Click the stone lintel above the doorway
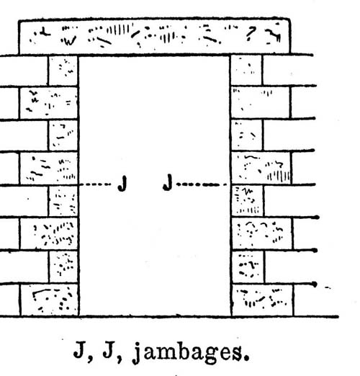pyautogui.click(x=154, y=37)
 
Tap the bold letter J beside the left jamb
pyautogui.click(x=122, y=183)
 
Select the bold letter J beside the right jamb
pyautogui.click(x=168, y=182)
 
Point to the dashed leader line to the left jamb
pyautogui.click(x=95, y=184)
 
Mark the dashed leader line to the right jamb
pyautogui.click(x=202, y=184)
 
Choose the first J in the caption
pyautogui.click(x=80, y=349)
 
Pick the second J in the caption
pyautogui.click(x=110, y=349)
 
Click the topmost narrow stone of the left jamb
pyautogui.click(x=63, y=71)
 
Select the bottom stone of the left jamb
pyautogui.click(x=49, y=300)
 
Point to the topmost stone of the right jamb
pyautogui.click(x=246, y=70)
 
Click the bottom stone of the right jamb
pyautogui.click(x=262, y=300)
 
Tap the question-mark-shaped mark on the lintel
pyautogui.click(x=251, y=33)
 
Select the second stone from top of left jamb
pyautogui.click(x=49, y=103)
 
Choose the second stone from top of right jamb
pyautogui.click(x=260, y=102)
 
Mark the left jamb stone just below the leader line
pyautogui.click(x=63, y=201)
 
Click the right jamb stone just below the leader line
pyautogui.click(x=247, y=201)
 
